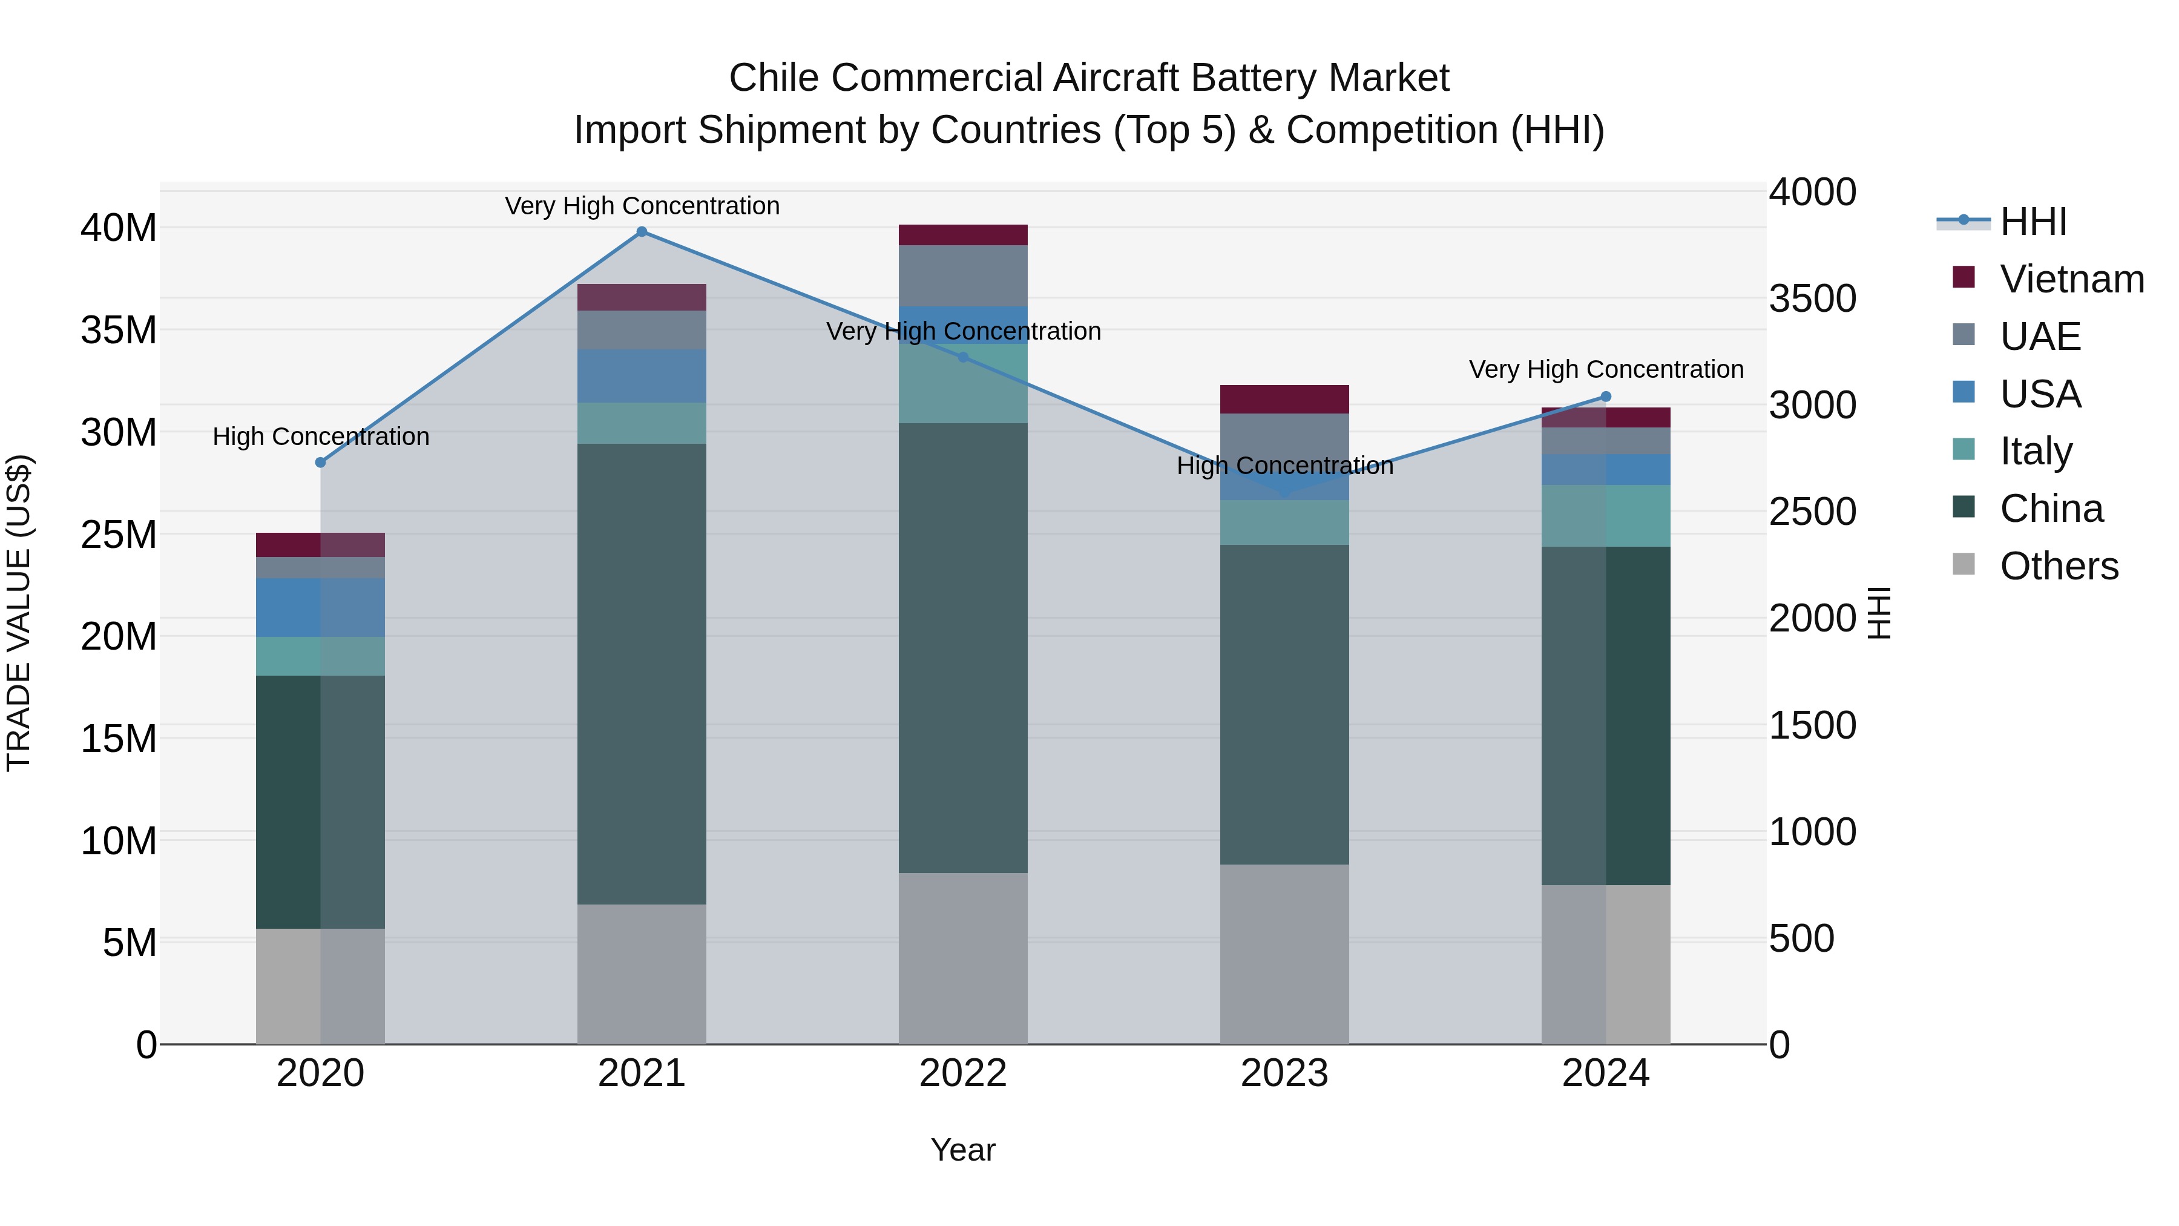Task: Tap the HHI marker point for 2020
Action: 321,462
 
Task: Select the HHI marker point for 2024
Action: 1605,397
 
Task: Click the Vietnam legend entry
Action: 2071,279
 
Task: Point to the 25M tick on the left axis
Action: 119,535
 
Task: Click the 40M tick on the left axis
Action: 119,228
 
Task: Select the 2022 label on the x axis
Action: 962,1073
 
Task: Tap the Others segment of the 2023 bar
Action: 1284,954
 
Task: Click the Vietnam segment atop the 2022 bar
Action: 962,236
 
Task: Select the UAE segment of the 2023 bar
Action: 1284,440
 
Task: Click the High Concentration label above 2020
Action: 321,437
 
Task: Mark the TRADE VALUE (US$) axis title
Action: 19,613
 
